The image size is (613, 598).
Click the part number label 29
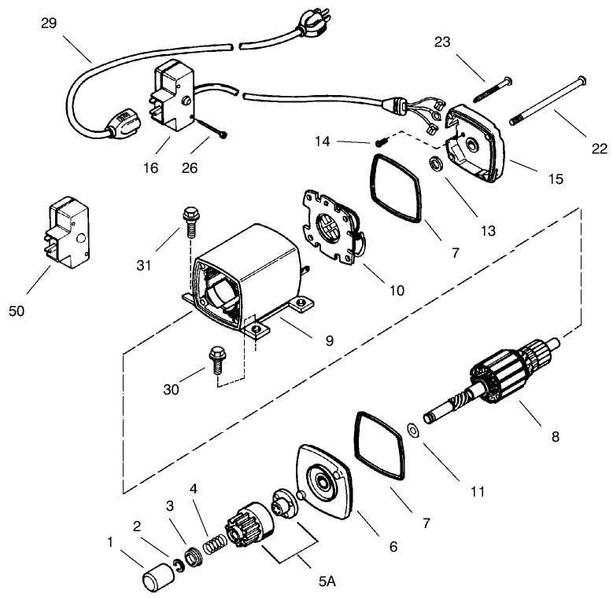(50, 23)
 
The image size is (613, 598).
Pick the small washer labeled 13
(434, 164)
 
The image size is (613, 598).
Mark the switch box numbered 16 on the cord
(173, 102)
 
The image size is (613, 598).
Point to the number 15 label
(556, 179)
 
